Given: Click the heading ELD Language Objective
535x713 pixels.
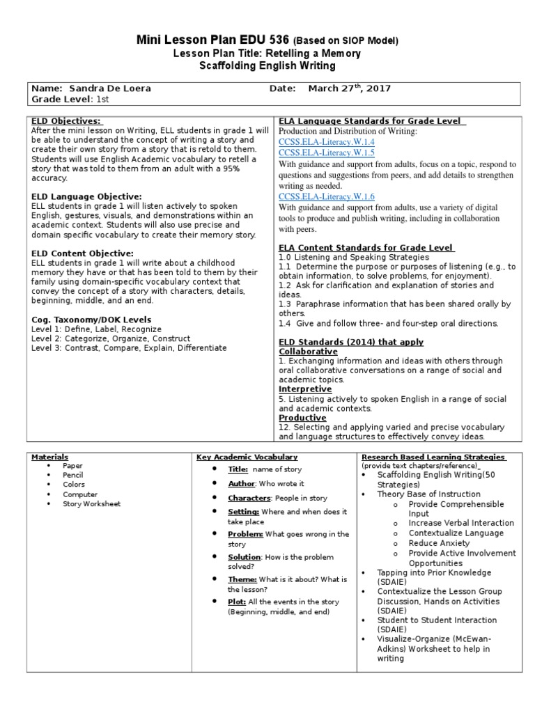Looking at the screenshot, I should click(x=86, y=197).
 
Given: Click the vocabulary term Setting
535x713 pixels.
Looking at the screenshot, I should click(x=242, y=511).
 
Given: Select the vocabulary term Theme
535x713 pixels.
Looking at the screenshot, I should click(x=242, y=579).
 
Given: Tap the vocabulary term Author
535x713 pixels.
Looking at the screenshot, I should click(x=241, y=483).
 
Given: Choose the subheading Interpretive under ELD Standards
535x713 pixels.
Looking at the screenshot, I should click(x=305, y=389).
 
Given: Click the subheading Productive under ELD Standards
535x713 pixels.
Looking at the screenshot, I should click(x=302, y=418).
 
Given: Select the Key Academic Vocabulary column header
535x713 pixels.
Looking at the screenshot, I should click(x=247, y=457).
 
